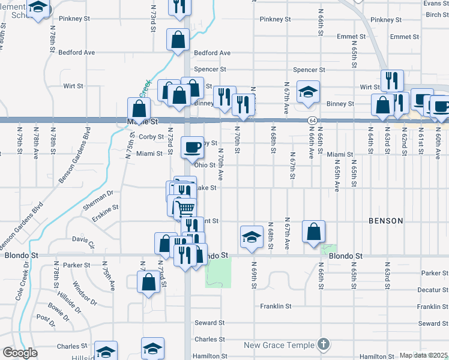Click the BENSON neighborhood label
tap(386, 221)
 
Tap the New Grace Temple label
tap(279, 345)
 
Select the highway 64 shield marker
tap(313, 121)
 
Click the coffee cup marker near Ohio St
tap(193, 147)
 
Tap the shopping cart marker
tap(185, 208)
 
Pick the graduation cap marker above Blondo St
tap(252, 236)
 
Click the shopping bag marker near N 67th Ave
tap(314, 232)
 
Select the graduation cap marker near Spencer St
tap(309, 91)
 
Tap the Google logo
tap(20, 353)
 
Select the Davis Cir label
tap(84, 242)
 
